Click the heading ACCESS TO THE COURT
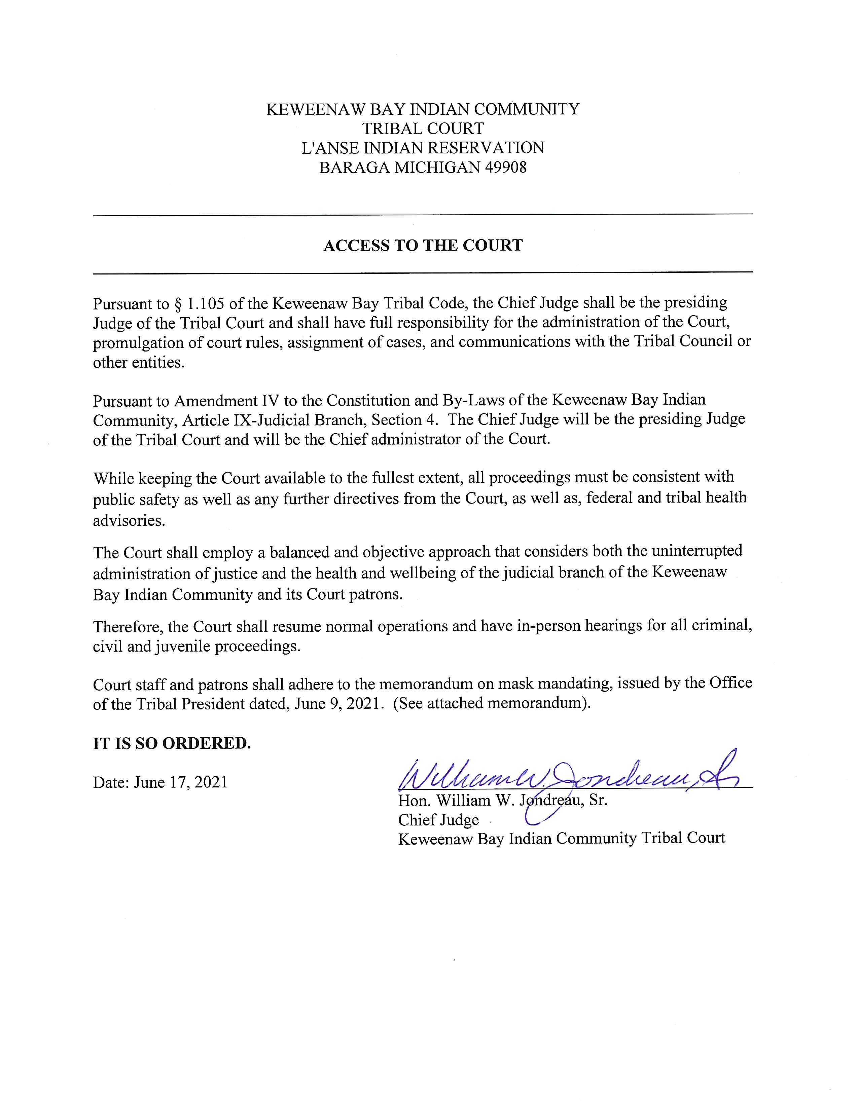423,246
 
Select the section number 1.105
204,303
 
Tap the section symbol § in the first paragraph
178,303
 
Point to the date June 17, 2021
180,782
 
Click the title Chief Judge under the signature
438,819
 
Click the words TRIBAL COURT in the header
423,128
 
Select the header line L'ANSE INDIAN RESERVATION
423,148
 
